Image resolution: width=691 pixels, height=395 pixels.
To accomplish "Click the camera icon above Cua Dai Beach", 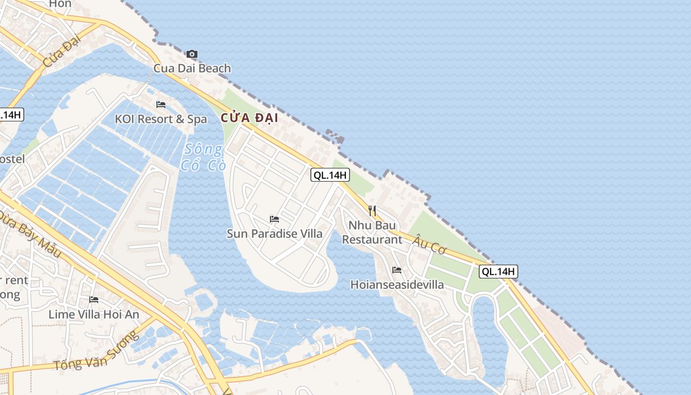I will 192,54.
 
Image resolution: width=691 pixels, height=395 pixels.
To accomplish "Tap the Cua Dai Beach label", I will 192,68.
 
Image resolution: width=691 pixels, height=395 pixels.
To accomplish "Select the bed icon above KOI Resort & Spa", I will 160,105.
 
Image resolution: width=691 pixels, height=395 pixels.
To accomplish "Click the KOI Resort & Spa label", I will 161,119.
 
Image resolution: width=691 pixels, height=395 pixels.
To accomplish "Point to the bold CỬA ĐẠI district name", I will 249,118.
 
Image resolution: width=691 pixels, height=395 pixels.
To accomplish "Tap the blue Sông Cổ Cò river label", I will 203,157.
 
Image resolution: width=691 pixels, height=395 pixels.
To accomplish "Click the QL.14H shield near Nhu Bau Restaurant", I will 330,175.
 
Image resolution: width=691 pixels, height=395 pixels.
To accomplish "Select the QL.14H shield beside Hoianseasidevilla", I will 499,271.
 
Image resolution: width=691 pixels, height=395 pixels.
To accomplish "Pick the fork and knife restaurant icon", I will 372,211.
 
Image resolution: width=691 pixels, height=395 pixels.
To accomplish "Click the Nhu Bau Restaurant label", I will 372,232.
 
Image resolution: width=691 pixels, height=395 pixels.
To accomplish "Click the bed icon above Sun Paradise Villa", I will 274,219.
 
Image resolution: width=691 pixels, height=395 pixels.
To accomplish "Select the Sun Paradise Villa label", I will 274,234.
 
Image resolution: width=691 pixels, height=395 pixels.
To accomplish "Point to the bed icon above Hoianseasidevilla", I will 397,270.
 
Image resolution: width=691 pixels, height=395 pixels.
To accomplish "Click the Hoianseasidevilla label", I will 397,285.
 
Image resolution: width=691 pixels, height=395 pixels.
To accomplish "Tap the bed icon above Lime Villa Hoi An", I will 94,300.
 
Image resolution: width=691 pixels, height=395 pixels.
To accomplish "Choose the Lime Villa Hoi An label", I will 94,314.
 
